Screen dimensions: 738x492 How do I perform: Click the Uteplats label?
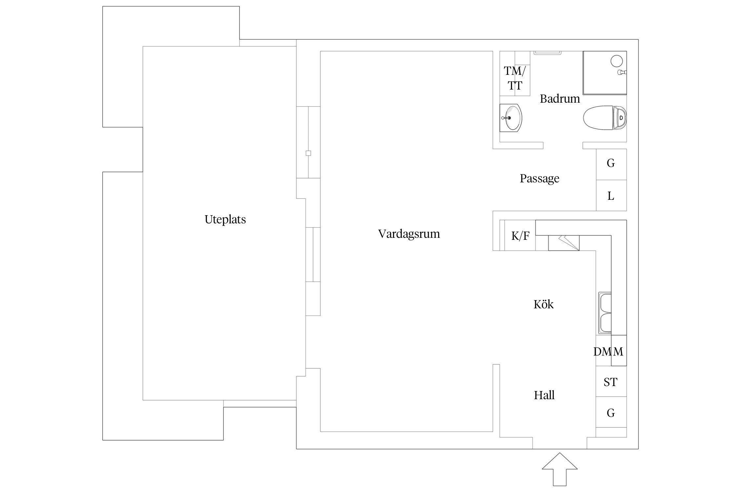coord(225,219)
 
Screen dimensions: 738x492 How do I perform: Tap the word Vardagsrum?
coord(409,234)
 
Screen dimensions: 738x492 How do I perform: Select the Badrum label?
coord(560,99)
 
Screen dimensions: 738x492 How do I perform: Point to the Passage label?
coord(539,178)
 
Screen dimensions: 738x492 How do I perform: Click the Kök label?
coord(543,304)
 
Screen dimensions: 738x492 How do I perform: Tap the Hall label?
coord(544,395)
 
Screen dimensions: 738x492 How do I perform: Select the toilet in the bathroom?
coord(605,118)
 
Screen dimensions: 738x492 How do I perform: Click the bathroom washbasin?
coord(511,118)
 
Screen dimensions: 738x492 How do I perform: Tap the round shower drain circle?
coord(617,61)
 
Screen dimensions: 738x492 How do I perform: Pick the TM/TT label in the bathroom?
coord(515,78)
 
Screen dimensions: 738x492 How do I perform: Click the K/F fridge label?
coord(520,236)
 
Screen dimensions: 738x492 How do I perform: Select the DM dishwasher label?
coord(602,352)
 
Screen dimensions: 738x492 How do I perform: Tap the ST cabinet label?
coord(610,382)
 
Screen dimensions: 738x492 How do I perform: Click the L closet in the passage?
coord(611,195)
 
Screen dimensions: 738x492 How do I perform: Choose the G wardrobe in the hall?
coord(611,413)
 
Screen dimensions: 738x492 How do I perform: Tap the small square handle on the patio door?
coord(308,153)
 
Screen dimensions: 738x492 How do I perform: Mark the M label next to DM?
coord(618,352)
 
